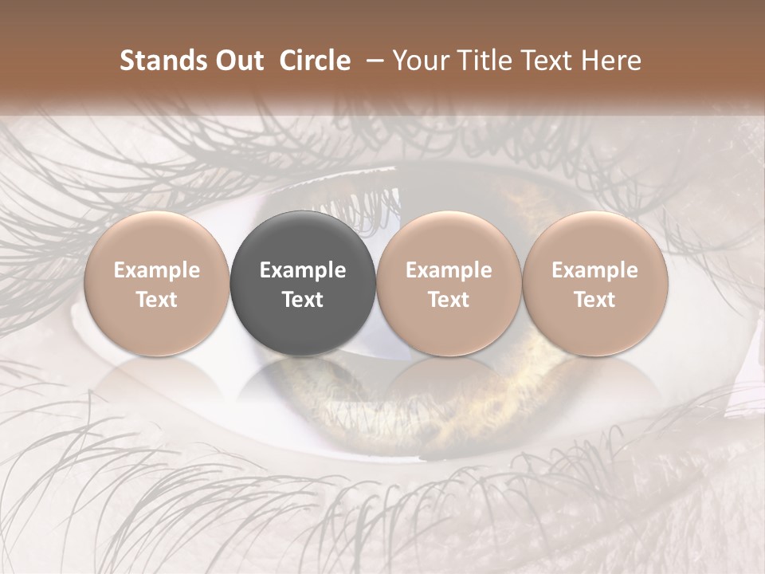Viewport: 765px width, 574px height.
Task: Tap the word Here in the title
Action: [x=610, y=61]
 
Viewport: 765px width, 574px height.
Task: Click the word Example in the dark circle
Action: [x=303, y=270]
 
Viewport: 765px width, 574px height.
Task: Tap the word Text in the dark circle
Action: [x=303, y=300]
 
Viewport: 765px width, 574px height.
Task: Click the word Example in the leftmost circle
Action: [x=157, y=270]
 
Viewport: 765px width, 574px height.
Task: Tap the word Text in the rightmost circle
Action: [x=595, y=300]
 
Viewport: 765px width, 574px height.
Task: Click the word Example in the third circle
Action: [x=449, y=270]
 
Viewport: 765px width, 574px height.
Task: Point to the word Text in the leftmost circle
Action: [x=157, y=300]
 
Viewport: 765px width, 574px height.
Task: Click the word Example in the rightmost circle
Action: [x=595, y=270]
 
